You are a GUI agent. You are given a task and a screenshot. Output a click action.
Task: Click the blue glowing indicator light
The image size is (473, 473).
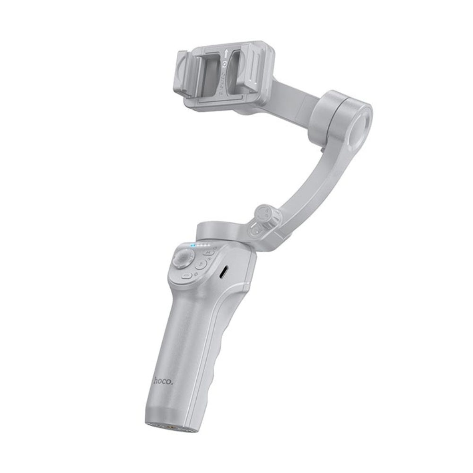coord(192,246)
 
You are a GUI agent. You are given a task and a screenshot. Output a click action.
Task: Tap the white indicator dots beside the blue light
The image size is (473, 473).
coord(203,246)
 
